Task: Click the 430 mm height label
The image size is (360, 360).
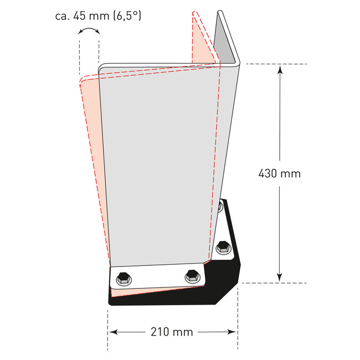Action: [x=280, y=173]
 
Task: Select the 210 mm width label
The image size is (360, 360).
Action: [x=172, y=332]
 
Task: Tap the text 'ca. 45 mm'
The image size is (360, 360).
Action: [x=82, y=16]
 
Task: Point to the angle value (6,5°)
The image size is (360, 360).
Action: [x=126, y=16]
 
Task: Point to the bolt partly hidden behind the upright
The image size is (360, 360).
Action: [x=220, y=207]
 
